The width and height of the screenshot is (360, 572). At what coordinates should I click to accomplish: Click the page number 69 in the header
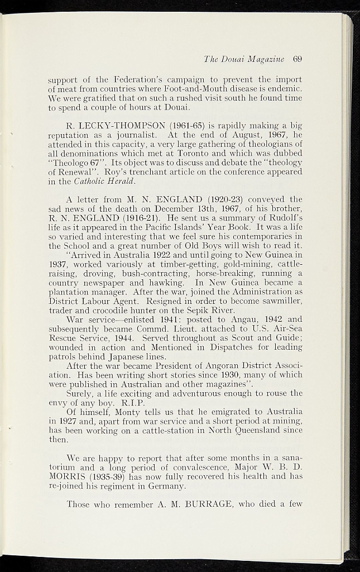[x=296, y=59]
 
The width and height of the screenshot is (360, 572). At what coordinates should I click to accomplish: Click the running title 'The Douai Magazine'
[x=244, y=59]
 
